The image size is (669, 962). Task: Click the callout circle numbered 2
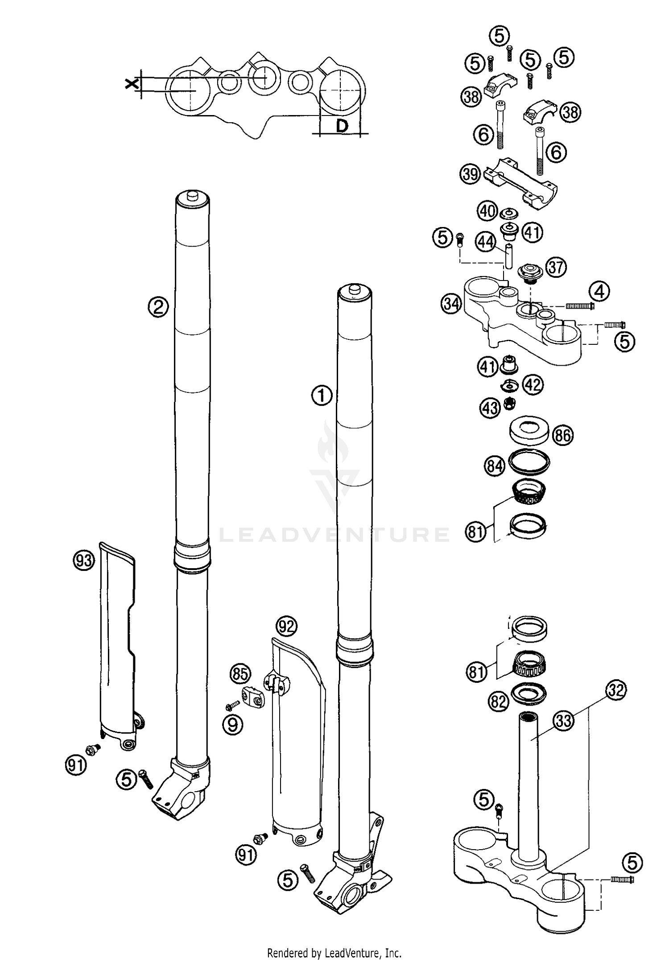159,307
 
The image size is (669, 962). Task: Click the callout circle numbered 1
322,396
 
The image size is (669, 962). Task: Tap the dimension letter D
342,127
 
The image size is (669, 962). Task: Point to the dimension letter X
130,83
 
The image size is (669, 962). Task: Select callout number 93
84,560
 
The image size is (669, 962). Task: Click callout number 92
286,627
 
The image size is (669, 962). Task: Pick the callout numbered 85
240,674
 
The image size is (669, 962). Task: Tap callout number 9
233,725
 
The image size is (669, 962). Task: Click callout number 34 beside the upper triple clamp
452,305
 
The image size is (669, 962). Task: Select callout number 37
556,268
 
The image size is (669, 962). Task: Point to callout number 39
471,174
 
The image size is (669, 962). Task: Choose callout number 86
563,435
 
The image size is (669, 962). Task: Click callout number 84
494,466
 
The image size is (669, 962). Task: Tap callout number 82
499,702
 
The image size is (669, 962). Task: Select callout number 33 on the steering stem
564,721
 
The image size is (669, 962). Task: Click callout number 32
616,690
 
